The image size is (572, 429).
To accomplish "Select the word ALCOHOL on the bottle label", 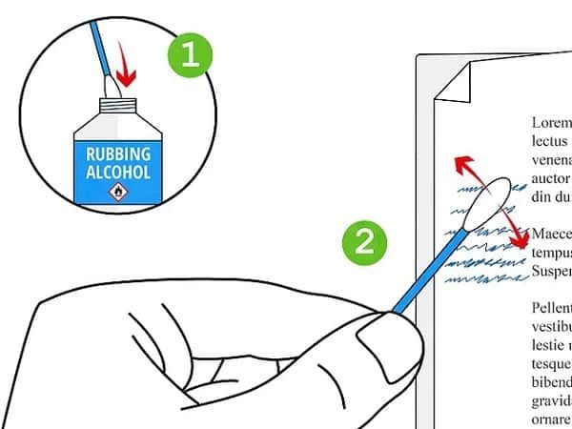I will point(118,174).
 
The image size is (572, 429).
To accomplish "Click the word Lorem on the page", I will point(551,122).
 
